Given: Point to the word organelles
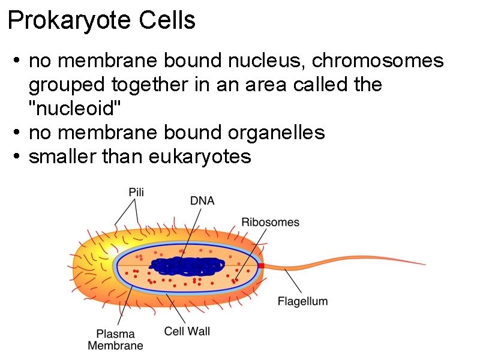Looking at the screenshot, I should tap(281, 133).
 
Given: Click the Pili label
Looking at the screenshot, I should tap(136, 193).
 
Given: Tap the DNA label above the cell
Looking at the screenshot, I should tap(202, 201).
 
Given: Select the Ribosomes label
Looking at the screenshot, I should tap(270, 223).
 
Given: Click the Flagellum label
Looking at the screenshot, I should tap(302, 301).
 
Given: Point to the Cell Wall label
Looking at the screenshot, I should tap(187, 331).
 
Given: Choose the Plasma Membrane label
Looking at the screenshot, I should tap(115, 340).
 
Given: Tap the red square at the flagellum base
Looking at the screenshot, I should tap(261, 265).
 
